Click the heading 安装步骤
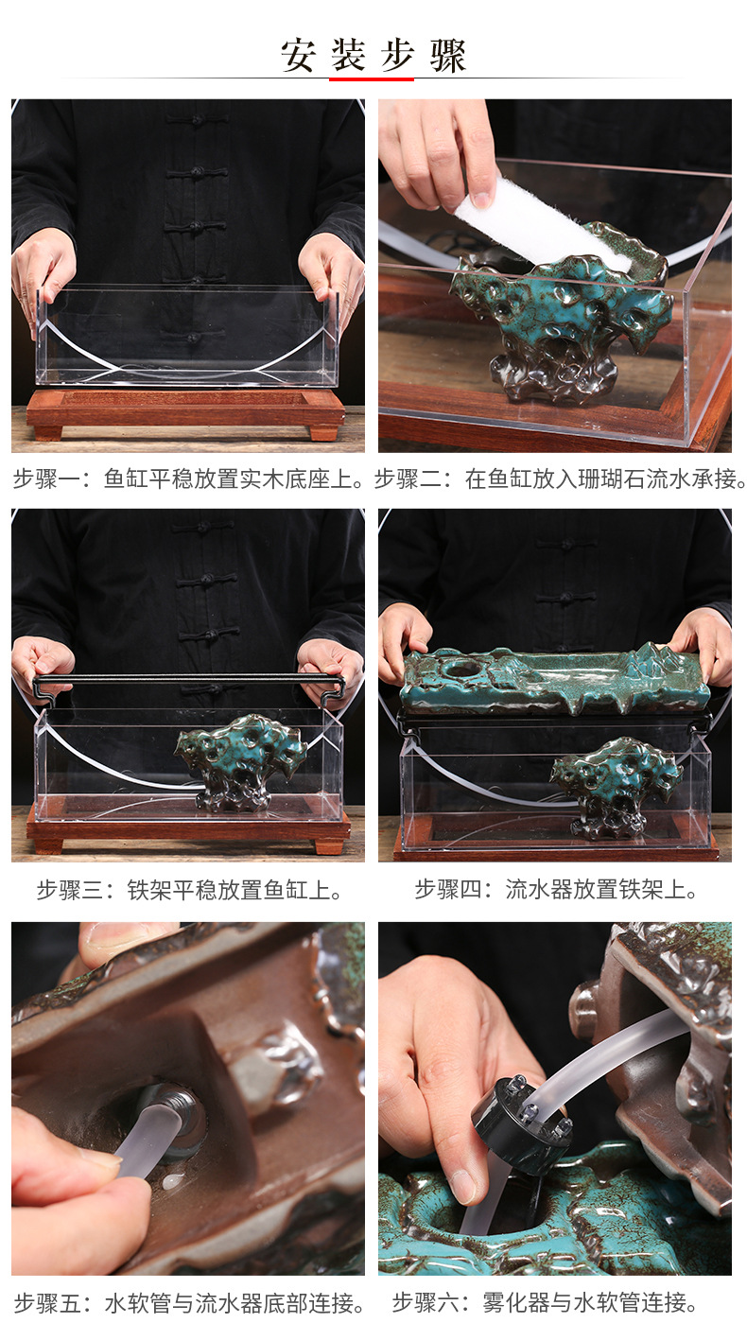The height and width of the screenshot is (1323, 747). tap(373, 56)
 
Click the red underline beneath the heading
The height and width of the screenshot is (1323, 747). tap(372, 79)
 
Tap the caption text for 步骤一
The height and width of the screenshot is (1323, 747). tap(188, 479)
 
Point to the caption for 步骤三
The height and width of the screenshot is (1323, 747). tap(188, 890)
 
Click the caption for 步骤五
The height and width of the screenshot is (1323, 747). tap(188, 1303)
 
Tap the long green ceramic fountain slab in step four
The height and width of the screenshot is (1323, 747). tap(554, 680)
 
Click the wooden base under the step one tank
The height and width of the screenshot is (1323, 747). tap(185, 410)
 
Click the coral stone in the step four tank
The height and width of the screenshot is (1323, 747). tap(616, 780)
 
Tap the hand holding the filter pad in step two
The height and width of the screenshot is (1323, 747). tap(440, 151)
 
